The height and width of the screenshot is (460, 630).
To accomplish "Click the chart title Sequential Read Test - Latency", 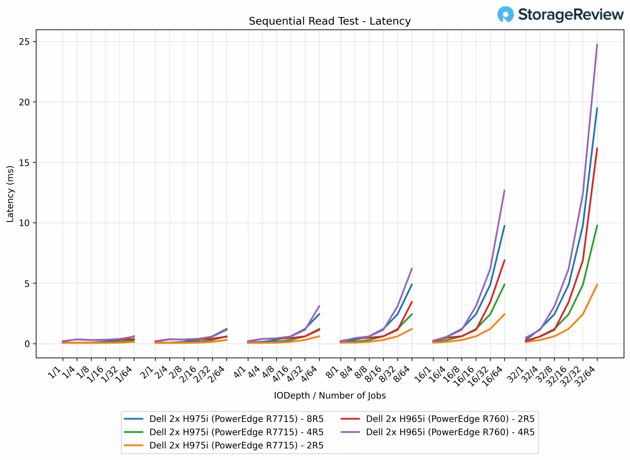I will click(x=329, y=21).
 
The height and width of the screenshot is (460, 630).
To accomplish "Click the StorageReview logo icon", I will click(x=505, y=14).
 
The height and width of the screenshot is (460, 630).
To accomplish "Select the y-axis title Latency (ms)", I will click(x=10, y=194).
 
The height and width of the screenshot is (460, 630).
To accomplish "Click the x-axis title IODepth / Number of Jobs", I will click(x=329, y=395).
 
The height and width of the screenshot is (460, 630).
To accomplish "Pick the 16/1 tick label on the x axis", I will click(x=423, y=374).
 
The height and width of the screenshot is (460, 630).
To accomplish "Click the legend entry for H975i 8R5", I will click(x=236, y=419).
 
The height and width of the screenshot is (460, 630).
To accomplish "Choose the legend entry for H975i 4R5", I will click(x=236, y=432).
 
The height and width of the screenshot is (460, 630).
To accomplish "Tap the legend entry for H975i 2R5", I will click(x=236, y=446).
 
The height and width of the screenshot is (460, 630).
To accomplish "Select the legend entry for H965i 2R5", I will click(x=450, y=419).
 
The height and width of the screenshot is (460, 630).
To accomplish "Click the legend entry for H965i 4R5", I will click(x=450, y=432).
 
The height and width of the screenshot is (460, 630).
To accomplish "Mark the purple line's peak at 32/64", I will click(x=597, y=44).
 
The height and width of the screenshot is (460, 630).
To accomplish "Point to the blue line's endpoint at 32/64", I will click(x=597, y=108).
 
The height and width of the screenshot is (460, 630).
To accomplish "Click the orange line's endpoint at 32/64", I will click(x=597, y=285).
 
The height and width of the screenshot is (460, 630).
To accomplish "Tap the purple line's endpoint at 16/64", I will click(x=504, y=190).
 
